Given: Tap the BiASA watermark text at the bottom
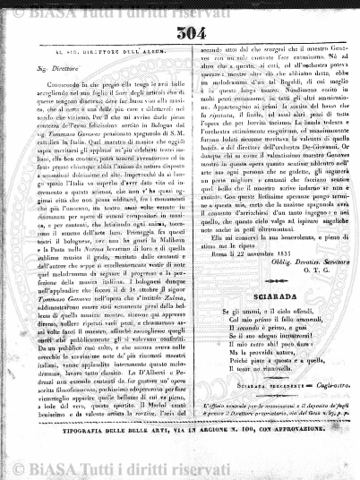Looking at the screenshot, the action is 179,467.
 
